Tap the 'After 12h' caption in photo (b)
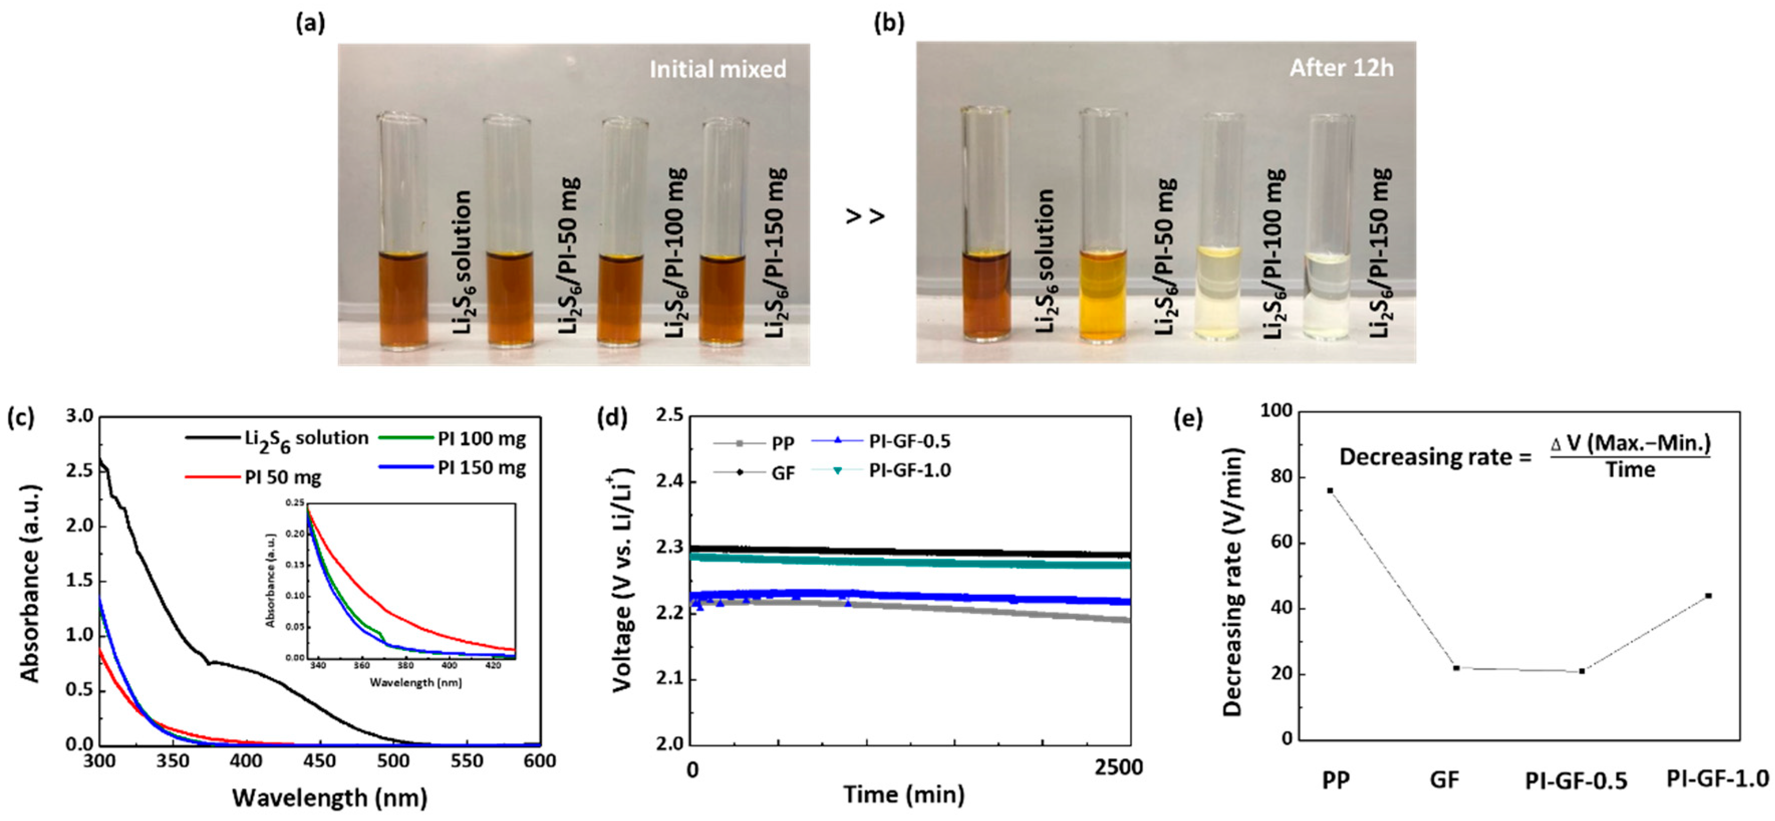(1341, 68)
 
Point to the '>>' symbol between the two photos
(865, 216)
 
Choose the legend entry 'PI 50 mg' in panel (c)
(282, 478)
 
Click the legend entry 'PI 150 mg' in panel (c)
(482, 468)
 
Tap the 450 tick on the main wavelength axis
(320, 761)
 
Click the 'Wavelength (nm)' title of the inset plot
(415, 682)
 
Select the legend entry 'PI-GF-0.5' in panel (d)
(910, 441)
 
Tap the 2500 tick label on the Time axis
(1118, 768)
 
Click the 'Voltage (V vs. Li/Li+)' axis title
(622, 579)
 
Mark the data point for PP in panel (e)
(1330, 491)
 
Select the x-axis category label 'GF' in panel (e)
(1444, 780)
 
